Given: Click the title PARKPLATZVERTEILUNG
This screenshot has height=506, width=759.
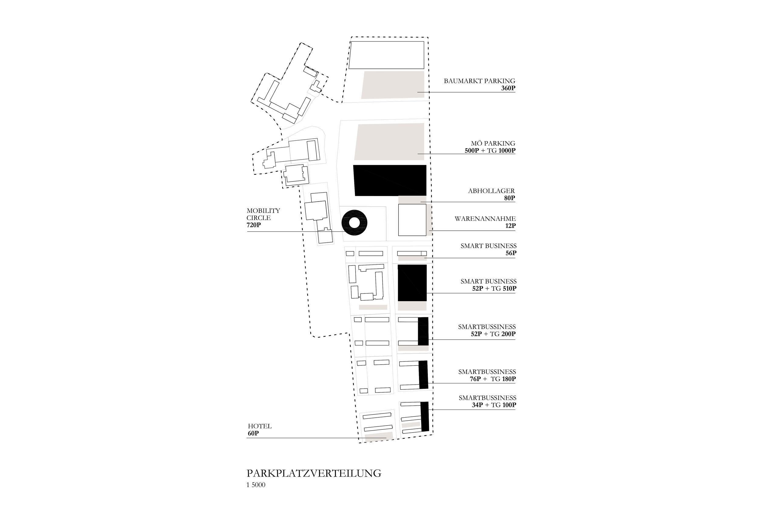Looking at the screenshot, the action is tap(314, 474).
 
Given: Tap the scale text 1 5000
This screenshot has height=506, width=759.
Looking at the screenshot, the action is tap(256, 485).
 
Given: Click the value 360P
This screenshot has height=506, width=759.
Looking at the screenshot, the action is tap(508, 88).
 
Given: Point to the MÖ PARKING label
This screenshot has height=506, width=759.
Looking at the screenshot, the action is tap(493, 143).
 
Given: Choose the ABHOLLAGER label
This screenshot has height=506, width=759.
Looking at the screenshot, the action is tap(491, 191).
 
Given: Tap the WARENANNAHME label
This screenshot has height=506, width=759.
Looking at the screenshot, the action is tap(485, 219).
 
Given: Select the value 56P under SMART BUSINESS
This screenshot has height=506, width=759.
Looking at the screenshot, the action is tap(511, 253).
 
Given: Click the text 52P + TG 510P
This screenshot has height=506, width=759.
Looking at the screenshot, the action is tap(494, 288).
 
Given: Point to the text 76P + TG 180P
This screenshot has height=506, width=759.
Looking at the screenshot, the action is tap(493, 379).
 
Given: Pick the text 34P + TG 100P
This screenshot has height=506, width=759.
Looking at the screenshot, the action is tap(494, 405).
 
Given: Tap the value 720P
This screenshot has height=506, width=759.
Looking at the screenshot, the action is tap(254, 225).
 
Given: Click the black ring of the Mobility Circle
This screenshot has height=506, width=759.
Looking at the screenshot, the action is tap(347, 223).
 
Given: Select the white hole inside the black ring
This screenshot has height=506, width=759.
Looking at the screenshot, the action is tap(354, 223).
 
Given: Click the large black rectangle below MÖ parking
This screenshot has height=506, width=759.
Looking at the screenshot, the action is tap(390, 180).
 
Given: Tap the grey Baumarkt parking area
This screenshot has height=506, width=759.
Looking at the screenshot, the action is tap(393, 85).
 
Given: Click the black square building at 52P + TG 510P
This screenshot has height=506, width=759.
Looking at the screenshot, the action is tap(412, 283).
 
